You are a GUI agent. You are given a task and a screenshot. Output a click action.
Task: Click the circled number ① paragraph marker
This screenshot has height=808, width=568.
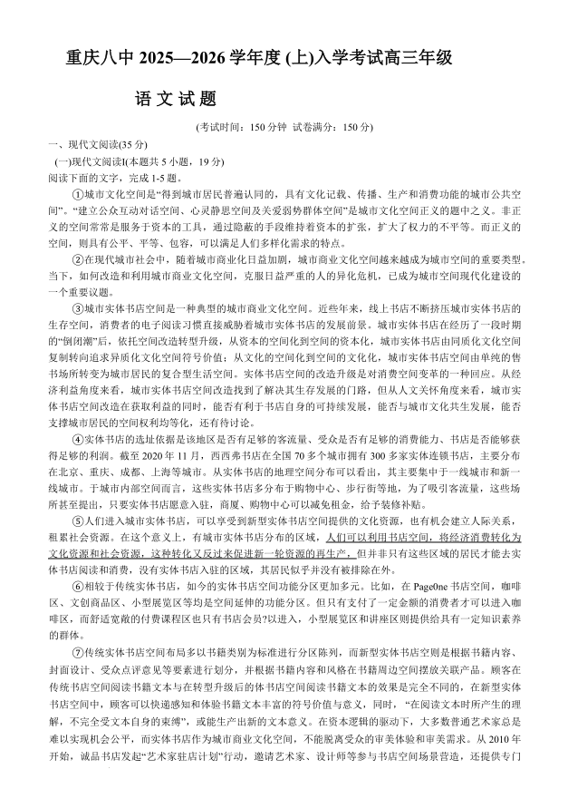77,194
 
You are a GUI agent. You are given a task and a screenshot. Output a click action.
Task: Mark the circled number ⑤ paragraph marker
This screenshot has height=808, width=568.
77,521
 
